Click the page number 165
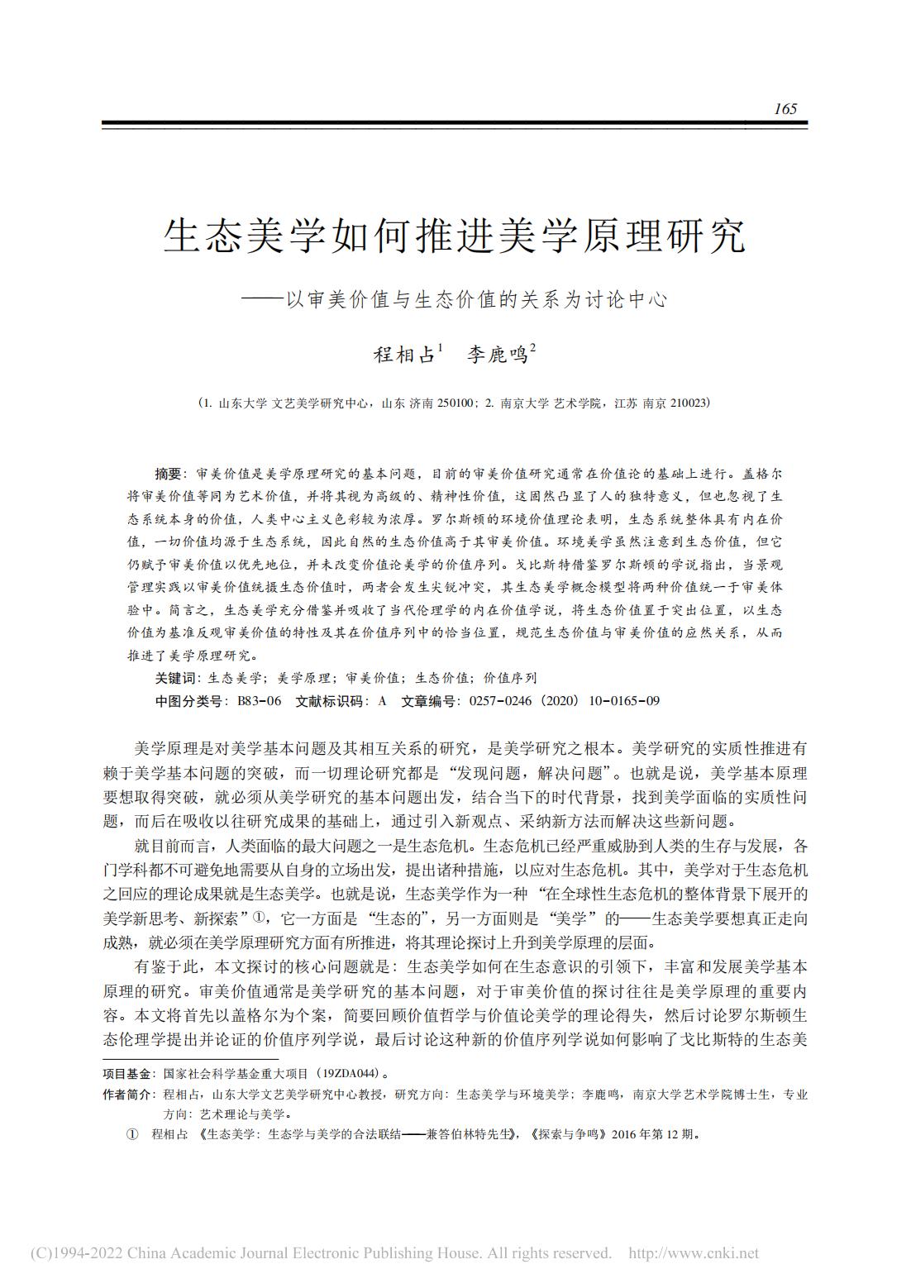(x=785, y=109)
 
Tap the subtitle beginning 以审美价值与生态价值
(x=476, y=299)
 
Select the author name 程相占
(x=404, y=355)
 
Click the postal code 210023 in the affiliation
(x=685, y=403)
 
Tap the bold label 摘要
(x=167, y=475)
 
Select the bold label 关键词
(x=175, y=678)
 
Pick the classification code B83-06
(x=260, y=701)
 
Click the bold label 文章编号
(x=430, y=701)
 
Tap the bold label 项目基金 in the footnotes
(x=126, y=1073)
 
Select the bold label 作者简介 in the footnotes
(x=126, y=1095)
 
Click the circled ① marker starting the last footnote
(x=131, y=1134)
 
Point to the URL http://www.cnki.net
(x=694, y=1253)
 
